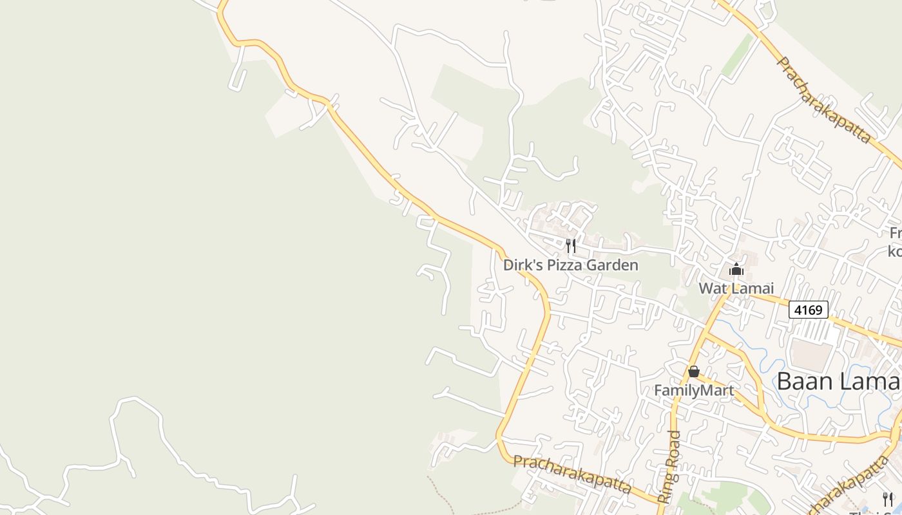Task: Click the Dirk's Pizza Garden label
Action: [x=570, y=265]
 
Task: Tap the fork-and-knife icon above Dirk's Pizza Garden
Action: [x=570, y=245]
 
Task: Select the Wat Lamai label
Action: [x=736, y=288]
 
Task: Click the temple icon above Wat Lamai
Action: [x=736, y=270]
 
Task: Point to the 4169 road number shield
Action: [x=808, y=310]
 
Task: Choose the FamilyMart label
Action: [x=693, y=390]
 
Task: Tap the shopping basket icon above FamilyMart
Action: [x=693, y=371]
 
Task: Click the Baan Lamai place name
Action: [x=838, y=381]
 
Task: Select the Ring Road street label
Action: [x=669, y=466]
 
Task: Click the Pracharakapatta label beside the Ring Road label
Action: [x=572, y=474]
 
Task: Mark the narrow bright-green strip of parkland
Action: [x=738, y=55]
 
